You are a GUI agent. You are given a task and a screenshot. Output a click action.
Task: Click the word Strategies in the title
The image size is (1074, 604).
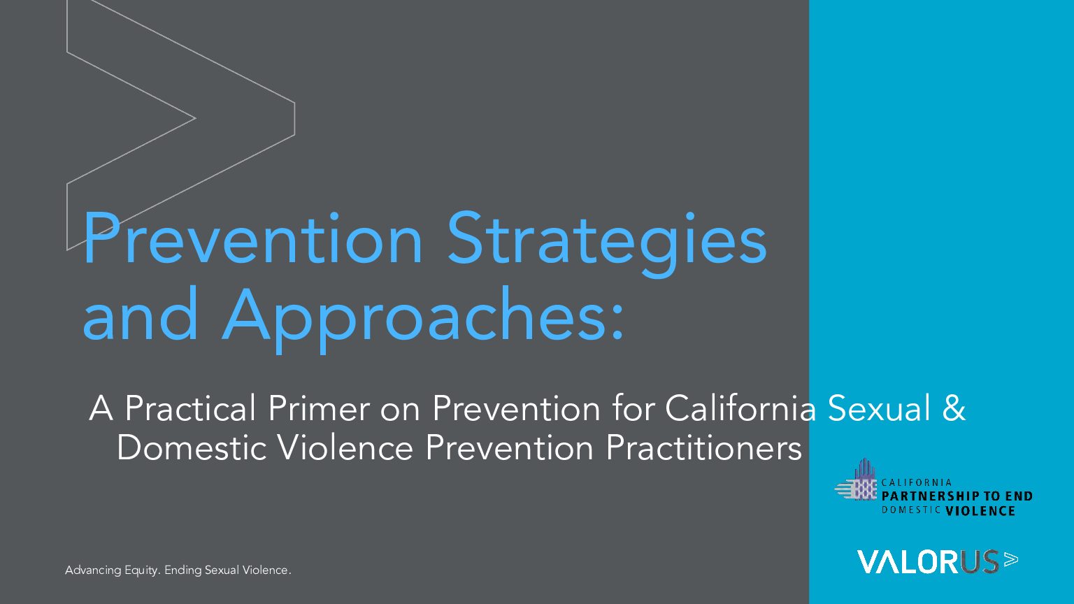[607, 243]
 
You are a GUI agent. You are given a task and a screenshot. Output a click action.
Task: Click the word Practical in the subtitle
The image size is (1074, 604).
[190, 408]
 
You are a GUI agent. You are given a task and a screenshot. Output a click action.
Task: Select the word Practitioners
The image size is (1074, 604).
[704, 448]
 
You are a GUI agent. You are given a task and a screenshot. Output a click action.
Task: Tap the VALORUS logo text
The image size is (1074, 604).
[927, 562]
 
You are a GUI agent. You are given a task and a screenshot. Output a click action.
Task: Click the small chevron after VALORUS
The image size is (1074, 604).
[1010, 559]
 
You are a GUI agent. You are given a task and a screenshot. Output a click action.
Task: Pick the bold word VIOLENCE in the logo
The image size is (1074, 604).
[980, 511]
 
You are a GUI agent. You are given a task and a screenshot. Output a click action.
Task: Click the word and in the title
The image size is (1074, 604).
[140, 313]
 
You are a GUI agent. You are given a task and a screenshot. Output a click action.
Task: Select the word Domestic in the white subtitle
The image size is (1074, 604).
[192, 448]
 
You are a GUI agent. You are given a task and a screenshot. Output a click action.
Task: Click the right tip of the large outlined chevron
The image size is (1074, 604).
[294, 118]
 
